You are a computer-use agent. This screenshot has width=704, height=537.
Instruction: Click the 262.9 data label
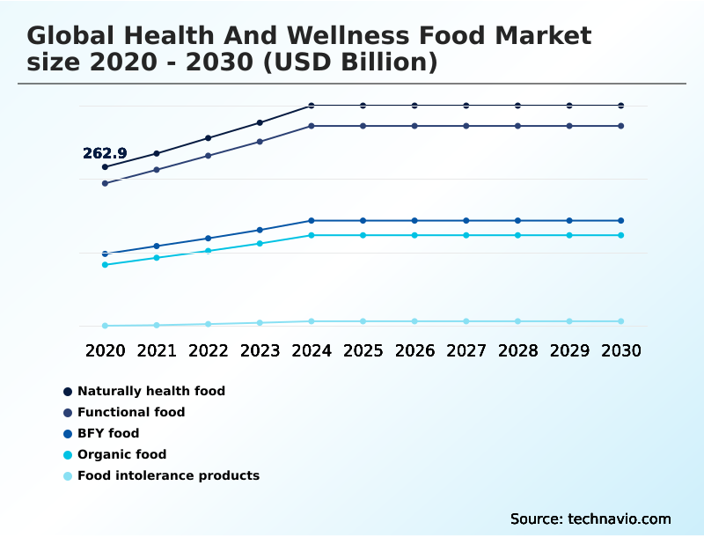105,153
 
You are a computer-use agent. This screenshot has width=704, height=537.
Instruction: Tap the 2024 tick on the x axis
312,350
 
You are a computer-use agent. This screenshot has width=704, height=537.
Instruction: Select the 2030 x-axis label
621,350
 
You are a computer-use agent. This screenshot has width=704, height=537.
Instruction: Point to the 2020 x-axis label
105,350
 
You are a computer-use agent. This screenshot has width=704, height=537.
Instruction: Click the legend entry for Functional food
131,412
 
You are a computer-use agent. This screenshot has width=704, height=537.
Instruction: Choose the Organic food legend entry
121,454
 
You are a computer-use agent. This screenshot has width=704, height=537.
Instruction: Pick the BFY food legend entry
108,433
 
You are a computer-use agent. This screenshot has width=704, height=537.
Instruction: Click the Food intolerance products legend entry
168,475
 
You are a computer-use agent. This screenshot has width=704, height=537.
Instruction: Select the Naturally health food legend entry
151,391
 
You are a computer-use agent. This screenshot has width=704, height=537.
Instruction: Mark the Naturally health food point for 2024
312,106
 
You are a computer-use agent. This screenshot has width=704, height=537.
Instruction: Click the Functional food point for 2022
209,156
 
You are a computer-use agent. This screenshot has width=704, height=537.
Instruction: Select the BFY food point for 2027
466,220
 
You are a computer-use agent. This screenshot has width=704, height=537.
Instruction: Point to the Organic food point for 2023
260,243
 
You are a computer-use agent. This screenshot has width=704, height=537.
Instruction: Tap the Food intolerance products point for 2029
569,321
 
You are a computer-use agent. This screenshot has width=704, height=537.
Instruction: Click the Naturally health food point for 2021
157,153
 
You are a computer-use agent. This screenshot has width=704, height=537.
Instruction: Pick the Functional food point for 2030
621,126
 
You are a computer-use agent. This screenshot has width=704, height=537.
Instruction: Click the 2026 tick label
414,350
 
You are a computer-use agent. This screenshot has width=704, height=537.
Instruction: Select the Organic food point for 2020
105,265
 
